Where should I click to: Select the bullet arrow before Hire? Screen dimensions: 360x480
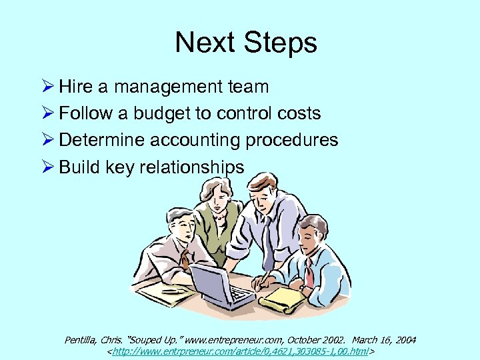[47, 87]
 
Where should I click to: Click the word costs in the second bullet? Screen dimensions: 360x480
[297, 113]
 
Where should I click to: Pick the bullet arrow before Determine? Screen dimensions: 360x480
[47, 140]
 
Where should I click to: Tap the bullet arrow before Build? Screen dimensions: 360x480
[47, 167]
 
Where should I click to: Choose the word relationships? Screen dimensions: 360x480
[191, 167]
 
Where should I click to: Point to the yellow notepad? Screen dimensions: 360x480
[283, 299]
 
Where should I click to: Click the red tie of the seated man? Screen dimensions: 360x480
[309, 269]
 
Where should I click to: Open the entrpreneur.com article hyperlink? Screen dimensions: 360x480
[240, 351]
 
